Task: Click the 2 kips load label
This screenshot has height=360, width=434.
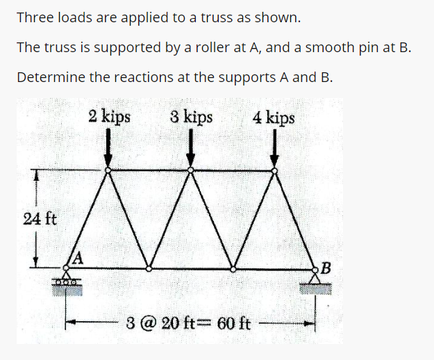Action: click(x=109, y=116)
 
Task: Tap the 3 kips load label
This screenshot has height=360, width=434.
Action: click(x=192, y=116)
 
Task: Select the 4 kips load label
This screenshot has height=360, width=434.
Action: click(x=274, y=117)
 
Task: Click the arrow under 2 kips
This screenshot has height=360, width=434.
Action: click(x=108, y=148)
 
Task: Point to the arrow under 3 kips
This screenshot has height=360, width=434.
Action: click(x=191, y=148)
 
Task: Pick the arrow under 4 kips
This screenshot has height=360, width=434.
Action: click(x=274, y=148)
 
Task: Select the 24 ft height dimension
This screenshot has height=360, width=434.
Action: click(x=40, y=219)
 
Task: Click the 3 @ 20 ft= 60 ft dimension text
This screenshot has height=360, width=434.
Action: click(x=189, y=323)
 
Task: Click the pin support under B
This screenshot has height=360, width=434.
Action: click(x=316, y=280)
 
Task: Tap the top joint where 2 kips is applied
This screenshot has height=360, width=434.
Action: click(x=108, y=170)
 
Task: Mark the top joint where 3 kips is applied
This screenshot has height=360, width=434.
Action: click(x=191, y=170)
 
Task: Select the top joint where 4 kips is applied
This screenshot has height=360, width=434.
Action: click(x=274, y=170)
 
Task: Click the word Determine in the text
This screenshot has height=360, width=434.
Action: click(x=47, y=76)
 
